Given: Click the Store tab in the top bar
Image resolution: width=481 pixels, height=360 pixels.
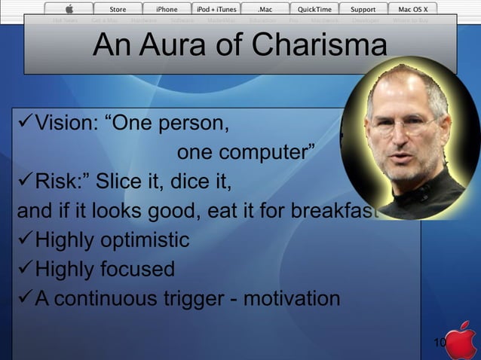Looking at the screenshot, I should click(x=118, y=9).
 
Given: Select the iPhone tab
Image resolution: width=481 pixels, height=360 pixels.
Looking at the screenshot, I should click(x=167, y=9).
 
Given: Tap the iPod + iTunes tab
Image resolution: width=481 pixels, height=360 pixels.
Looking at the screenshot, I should click(x=216, y=9).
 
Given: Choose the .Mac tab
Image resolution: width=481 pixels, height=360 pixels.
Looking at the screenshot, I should click(x=265, y=9).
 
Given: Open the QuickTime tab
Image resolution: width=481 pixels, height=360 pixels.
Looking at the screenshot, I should click(x=314, y=9).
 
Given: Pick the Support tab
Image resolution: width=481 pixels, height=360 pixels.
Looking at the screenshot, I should click(x=363, y=9).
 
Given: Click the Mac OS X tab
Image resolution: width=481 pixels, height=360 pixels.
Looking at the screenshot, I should click(x=412, y=9).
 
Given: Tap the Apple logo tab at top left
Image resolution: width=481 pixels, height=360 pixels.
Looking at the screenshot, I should click(x=69, y=9).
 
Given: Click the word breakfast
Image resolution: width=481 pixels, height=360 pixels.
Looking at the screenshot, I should click(x=331, y=212).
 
